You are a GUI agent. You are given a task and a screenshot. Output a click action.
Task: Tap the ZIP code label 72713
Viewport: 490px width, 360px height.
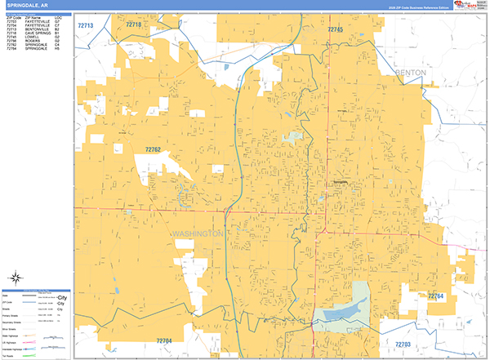pyautogui.click(x=86, y=26)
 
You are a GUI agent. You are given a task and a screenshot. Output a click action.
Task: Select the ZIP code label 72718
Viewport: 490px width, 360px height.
pyautogui.click(x=133, y=25)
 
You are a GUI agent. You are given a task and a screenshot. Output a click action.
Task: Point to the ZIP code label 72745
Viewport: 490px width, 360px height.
pyautogui.click(x=335, y=29)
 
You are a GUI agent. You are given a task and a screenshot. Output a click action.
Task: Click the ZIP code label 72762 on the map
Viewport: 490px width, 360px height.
pyautogui.click(x=153, y=149)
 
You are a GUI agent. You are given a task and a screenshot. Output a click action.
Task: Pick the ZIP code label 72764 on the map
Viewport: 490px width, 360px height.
pyautogui.click(x=434, y=296)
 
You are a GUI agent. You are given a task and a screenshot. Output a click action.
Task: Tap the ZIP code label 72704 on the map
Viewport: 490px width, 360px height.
pyautogui.click(x=163, y=340)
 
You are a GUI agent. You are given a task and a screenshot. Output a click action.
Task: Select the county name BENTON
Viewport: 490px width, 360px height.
pyautogui.click(x=410, y=73)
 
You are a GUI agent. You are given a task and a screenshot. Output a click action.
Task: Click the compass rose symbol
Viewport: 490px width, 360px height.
pyautogui.click(x=16, y=278)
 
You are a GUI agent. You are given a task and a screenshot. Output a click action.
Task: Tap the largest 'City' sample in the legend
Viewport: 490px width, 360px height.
pyautogui.click(x=60, y=297)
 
